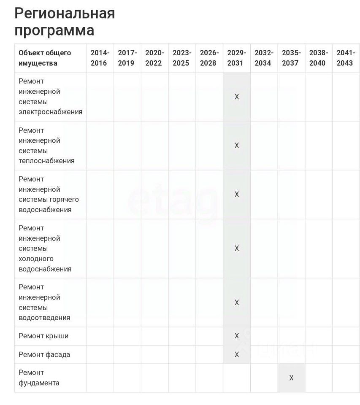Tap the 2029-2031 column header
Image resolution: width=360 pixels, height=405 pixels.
pos(236,58)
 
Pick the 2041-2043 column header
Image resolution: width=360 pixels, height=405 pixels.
pos(346,58)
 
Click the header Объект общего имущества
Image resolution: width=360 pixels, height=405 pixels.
pos(45,58)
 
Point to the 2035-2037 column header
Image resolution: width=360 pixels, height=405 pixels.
pos(291,58)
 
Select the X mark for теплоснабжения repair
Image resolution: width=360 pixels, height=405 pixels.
pos(237,146)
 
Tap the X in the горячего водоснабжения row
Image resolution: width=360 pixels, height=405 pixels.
pos(237,194)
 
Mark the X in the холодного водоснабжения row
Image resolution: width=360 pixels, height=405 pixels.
pos(237,248)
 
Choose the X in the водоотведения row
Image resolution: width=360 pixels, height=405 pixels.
pos(237,302)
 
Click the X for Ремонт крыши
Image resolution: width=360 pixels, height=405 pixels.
pos(237,336)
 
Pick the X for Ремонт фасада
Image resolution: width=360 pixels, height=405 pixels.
pos(237,354)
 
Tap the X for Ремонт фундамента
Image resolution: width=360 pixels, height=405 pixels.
pos(291,378)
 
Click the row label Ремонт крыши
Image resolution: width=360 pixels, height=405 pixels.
pos(43,336)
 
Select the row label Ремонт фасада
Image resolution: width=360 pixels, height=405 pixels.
pos(44,354)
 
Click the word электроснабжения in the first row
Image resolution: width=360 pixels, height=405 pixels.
pos(50,112)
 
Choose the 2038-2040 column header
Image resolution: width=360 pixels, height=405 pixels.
pos(318,58)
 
